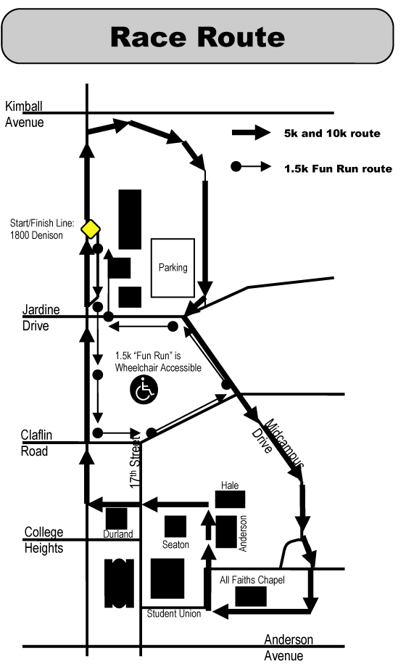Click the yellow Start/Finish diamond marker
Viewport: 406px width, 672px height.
coord(91,229)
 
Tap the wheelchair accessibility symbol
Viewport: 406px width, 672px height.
coord(144,390)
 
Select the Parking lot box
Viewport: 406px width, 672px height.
coord(173,268)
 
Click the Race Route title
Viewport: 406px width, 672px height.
coord(197,37)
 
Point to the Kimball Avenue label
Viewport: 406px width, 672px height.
coord(25,114)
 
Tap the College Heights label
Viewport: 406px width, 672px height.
coord(43,540)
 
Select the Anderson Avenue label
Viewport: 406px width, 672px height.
coord(289,647)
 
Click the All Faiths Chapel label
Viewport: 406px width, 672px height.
coord(252,580)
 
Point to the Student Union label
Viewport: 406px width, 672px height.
coord(174,614)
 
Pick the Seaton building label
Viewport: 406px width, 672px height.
coord(175,545)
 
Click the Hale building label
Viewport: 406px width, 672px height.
coord(230,485)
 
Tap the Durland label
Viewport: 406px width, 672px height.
coord(118,534)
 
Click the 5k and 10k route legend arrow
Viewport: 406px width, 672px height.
coord(252,132)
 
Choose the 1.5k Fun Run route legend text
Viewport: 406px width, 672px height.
coord(339,168)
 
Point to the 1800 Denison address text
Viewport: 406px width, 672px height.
coord(36,235)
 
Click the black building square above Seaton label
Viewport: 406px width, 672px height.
coord(175,526)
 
